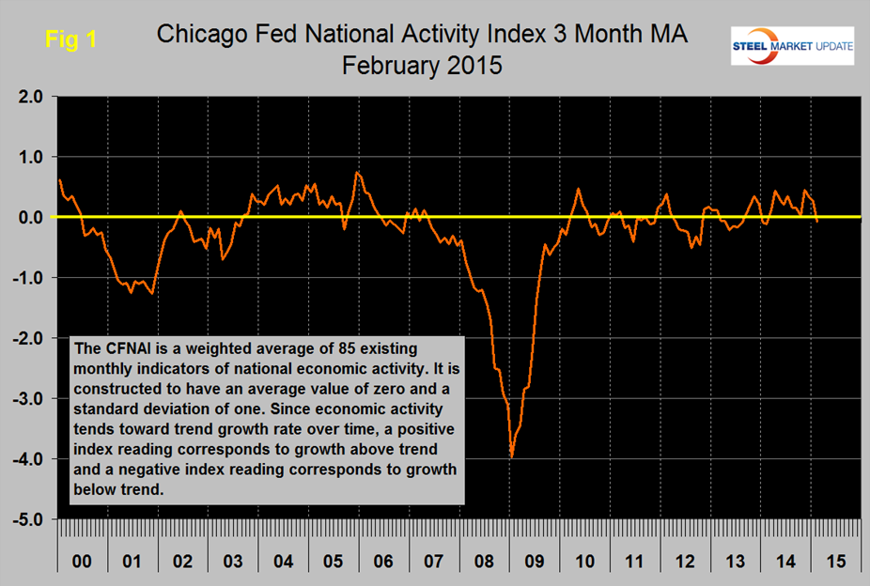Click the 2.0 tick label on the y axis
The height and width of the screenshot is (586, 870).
[26, 96]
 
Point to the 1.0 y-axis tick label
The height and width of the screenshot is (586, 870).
[26, 156]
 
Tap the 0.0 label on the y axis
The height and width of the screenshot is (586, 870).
[26, 217]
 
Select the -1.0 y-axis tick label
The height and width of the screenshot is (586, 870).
[24, 277]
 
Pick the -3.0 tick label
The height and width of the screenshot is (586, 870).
[24, 398]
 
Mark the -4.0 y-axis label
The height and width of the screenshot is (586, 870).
[24, 458]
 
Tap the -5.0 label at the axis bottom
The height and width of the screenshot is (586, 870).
[24, 518]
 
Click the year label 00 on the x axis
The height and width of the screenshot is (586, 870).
[82, 562]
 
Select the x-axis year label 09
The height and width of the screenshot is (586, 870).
[535, 562]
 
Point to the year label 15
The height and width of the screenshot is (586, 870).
[836, 562]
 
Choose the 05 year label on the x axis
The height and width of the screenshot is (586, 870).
[334, 562]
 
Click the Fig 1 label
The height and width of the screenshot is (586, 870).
[70, 40]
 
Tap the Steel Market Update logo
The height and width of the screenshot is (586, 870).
[792, 45]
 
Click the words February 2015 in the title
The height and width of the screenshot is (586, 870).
[423, 67]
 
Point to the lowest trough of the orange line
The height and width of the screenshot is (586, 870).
[511, 456]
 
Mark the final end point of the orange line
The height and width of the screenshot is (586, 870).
[817, 222]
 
